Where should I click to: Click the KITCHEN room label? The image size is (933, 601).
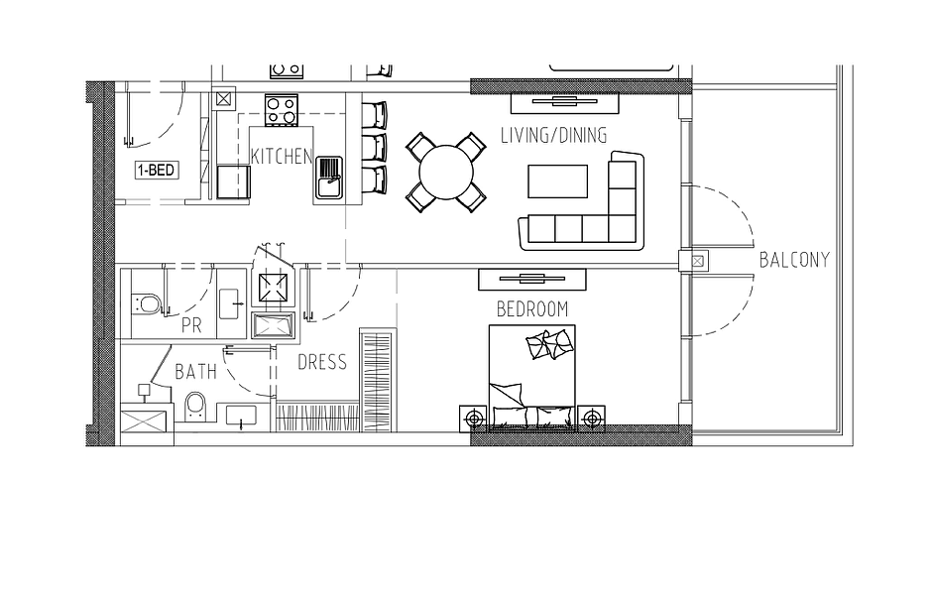point(282,157)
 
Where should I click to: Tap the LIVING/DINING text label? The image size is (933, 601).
point(553,136)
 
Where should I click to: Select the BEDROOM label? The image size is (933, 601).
point(532,309)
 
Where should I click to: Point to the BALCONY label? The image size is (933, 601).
point(794,260)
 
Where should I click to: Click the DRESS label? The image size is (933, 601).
point(322,362)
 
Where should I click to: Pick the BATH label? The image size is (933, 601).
point(195,373)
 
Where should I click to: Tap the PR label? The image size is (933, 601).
point(191,325)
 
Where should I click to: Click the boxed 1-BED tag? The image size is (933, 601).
point(157,171)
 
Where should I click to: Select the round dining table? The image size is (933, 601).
point(446,172)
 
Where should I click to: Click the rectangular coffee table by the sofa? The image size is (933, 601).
point(557,181)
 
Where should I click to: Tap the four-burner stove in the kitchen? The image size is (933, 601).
point(281,111)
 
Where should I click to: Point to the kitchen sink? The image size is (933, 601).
point(329,180)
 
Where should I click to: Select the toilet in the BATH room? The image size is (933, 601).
point(194,407)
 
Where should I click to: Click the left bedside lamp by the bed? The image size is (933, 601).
point(474,419)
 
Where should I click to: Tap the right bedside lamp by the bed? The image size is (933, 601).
point(591,419)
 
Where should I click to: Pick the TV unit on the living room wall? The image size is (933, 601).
point(565,103)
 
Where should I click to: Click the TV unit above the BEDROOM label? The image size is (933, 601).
point(532,279)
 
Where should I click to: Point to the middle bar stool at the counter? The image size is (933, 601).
point(374,147)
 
